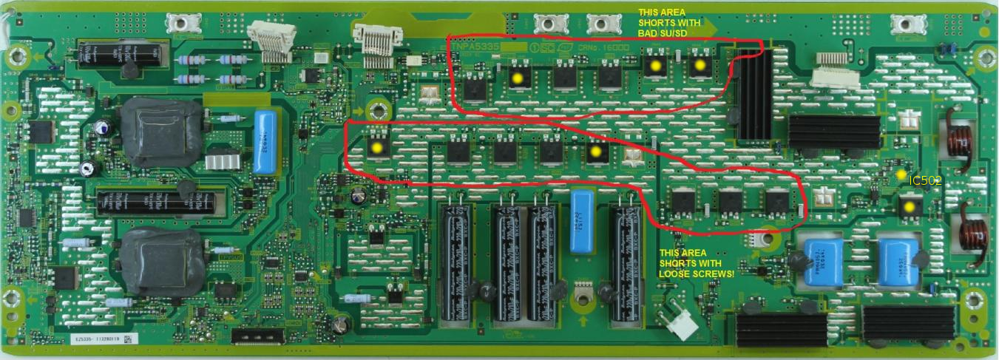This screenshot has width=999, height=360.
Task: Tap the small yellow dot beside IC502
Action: click(x=900, y=174)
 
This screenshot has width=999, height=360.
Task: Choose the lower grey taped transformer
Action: click(x=155, y=261)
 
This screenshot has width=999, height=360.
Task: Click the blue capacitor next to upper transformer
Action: click(x=264, y=141)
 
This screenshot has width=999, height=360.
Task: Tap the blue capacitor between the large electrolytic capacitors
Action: click(x=584, y=221)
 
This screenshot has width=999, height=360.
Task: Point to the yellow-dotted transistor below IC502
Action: click(x=908, y=207)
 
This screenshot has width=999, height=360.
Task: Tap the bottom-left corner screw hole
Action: click(x=11, y=299)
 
